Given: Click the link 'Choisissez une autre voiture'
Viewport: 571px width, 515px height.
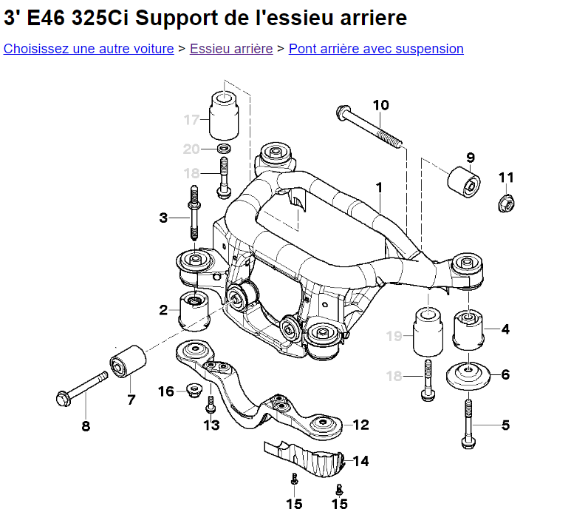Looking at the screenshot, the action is point(89,49).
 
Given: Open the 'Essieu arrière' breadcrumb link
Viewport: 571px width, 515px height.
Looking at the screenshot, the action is point(231,49).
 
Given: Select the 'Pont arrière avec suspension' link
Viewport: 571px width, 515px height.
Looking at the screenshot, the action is point(376,49).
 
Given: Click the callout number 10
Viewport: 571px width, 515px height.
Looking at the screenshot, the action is point(381,105).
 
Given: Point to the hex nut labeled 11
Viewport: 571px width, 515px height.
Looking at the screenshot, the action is point(506,203).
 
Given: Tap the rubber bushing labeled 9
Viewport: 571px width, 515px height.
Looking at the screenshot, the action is point(464,182).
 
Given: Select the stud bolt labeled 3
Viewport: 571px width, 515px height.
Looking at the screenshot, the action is point(194,212).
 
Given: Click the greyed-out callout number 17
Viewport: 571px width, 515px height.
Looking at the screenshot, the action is point(191,120).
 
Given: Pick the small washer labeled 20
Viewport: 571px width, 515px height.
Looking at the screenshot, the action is point(225,149).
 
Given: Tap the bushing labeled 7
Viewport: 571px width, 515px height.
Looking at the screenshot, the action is point(128,361).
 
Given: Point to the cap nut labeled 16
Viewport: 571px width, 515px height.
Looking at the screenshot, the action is point(194,390).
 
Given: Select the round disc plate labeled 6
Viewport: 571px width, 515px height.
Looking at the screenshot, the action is point(468,376).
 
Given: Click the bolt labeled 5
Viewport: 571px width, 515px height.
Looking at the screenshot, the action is point(468,424).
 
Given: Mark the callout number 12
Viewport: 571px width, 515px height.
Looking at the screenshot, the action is point(361,425).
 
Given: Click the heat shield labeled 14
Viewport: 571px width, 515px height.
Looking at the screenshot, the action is point(304,460).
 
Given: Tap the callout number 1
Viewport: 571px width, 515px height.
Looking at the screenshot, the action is point(379,188).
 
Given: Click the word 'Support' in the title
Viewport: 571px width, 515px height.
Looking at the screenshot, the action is point(177,18).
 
